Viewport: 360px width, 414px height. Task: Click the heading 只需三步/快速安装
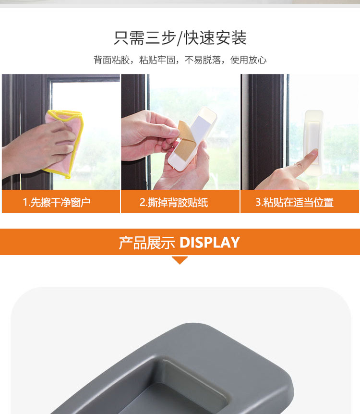point(180,38)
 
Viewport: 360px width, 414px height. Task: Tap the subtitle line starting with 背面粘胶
point(180,60)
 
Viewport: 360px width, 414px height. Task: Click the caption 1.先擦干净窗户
point(57,202)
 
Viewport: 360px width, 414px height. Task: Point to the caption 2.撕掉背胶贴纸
point(174,202)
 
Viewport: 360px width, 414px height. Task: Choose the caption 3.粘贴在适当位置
point(294,202)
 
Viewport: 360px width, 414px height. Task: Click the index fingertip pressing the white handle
point(314,152)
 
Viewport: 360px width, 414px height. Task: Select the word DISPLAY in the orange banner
point(210,242)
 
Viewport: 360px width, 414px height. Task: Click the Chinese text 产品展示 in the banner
point(147,243)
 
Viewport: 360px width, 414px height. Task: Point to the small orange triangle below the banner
point(180,260)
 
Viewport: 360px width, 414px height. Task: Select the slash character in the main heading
point(180,38)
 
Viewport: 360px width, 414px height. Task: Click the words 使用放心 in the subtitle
point(248,60)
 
